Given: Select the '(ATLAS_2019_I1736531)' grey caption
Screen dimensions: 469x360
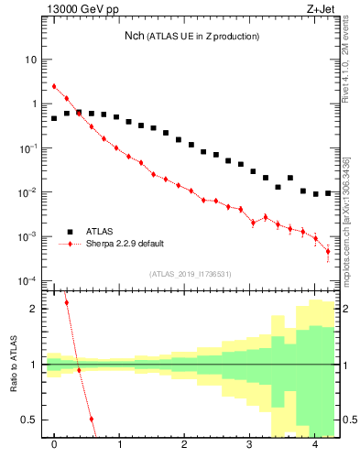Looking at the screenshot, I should [x=190, y=273].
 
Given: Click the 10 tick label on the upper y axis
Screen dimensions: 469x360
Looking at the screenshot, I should [x=30, y=60].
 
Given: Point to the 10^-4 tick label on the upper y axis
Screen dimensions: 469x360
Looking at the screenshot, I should [x=27, y=280].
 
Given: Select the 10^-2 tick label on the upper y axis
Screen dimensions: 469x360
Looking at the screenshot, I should [x=27, y=192].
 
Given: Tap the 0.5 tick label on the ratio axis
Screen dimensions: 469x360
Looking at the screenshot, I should [x=27, y=420].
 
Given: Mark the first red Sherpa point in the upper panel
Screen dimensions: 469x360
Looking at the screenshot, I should [x=54, y=87].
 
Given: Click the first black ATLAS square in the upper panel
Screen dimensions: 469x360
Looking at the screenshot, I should [x=54, y=118].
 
